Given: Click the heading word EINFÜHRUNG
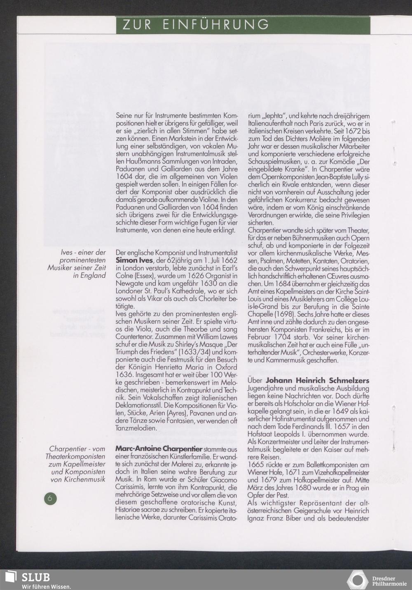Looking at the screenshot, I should coord(215,25).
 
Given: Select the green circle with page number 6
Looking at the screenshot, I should coord(50,498).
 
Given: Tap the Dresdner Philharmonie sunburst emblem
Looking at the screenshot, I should coord(357,580).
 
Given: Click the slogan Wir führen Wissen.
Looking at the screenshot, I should coord(46,586).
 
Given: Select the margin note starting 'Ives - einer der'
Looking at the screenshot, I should coord(77,264).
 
